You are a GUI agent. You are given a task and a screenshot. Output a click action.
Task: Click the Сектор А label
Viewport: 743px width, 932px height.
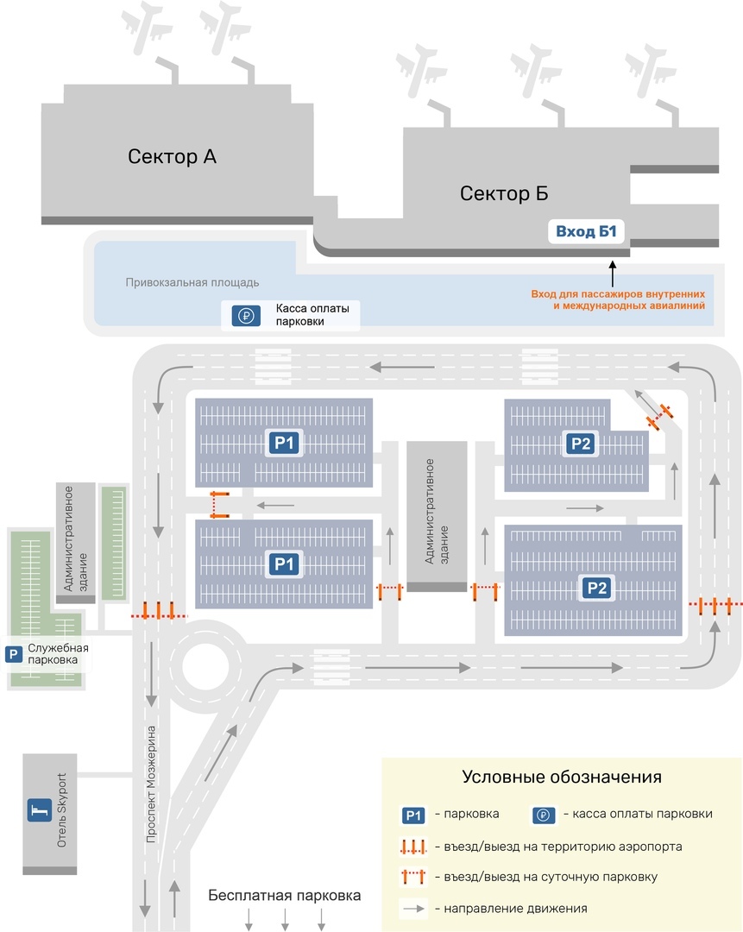pos(172,156)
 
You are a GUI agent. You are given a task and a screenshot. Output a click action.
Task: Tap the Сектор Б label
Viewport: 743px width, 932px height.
pos(504,193)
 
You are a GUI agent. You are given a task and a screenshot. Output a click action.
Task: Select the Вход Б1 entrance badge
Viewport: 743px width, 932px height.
pos(585,231)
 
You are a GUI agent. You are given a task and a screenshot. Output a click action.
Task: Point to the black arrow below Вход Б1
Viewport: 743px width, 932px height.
pos(613,274)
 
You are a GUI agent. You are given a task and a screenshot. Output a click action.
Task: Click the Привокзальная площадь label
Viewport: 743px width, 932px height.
pos(192,282)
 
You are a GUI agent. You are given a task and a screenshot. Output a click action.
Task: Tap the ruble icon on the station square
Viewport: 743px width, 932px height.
pos(245,316)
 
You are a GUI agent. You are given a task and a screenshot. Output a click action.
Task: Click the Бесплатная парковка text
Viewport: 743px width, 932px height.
pos(285,895)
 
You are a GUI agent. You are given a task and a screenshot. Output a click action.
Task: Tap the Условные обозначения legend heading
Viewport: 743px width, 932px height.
pos(562,777)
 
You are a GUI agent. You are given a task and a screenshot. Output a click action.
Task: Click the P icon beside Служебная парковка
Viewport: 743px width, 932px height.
pos(14,654)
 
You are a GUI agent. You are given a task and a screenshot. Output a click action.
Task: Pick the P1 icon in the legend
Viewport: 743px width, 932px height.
pos(413,815)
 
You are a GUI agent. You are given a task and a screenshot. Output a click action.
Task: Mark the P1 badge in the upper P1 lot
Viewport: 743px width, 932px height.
pos(284,444)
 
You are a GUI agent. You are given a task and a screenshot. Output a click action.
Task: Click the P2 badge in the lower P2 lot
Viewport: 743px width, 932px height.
pos(597,588)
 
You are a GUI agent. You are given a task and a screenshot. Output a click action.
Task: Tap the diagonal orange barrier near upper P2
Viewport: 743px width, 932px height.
pos(660,415)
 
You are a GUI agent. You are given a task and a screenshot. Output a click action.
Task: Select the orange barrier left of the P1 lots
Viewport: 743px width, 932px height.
pos(219,503)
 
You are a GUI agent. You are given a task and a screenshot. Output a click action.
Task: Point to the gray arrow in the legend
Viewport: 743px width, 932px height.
pos(415,908)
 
